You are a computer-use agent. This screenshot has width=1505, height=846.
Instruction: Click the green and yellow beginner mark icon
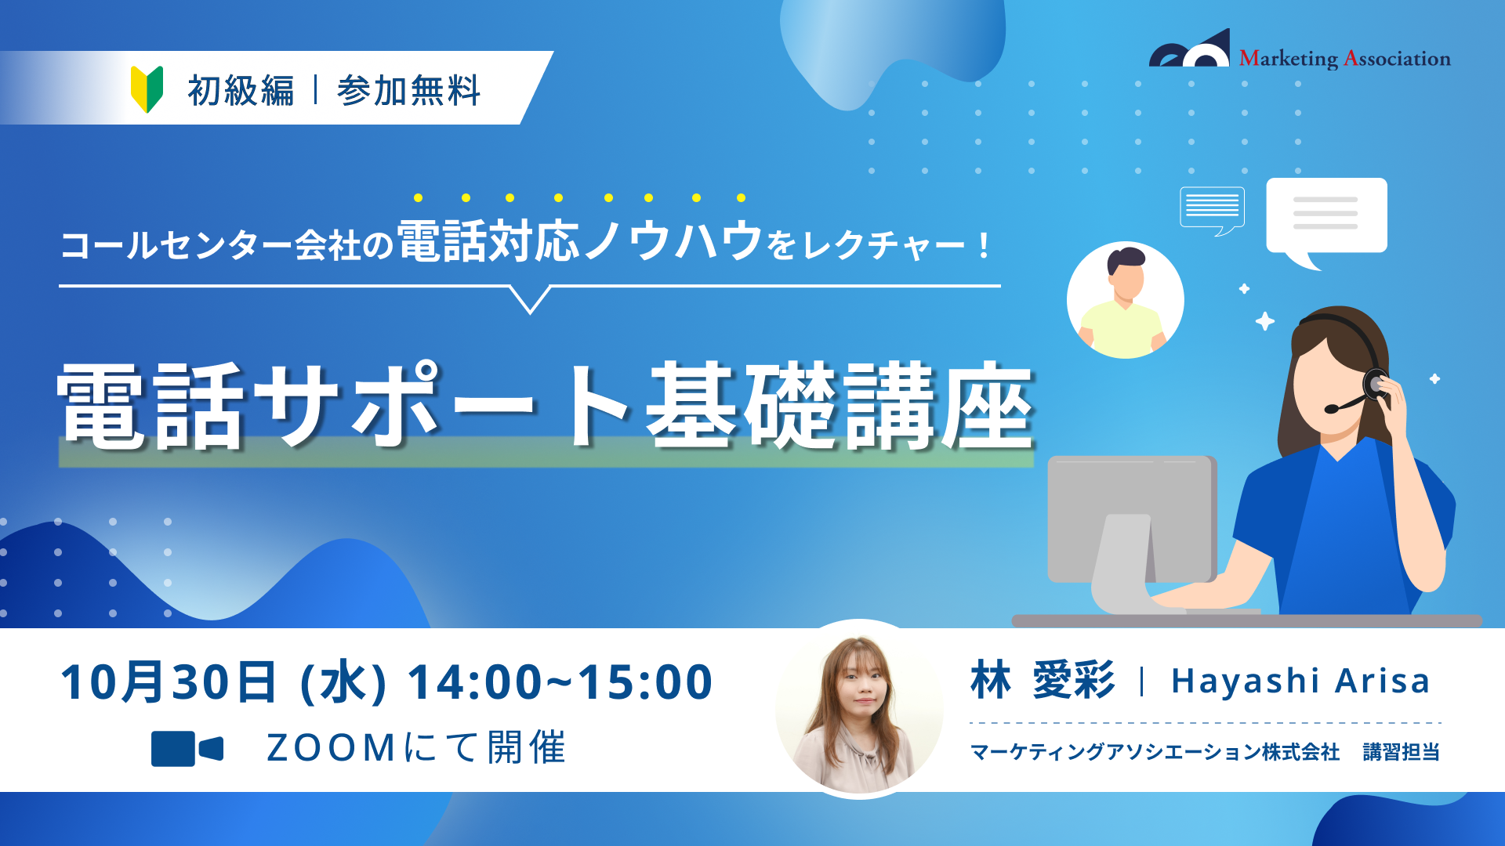point(147,89)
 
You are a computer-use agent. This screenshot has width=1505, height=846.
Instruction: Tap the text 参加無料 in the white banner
point(408,90)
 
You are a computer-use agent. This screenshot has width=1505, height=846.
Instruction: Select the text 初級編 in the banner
point(241,90)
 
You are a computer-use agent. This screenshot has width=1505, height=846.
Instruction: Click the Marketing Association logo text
point(1344,59)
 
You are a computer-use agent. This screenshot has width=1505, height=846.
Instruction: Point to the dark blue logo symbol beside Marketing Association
point(1190,49)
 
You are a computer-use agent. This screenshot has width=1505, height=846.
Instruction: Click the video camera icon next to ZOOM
point(187,748)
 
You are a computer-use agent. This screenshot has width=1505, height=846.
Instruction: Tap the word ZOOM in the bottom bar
point(331,748)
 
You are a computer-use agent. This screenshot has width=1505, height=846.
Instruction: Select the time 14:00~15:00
point(559,681)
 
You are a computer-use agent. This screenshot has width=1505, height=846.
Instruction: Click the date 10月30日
point(169,681)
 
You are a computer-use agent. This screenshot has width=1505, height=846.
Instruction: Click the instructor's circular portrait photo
point(859,710)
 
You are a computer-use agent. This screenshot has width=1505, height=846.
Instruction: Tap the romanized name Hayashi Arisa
point(1300,681)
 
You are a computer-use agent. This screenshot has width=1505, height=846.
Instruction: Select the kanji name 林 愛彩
point(1043,680)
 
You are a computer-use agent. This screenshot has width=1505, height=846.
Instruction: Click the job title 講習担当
point(1402,752)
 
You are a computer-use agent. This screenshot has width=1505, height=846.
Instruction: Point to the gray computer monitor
point(1133,533)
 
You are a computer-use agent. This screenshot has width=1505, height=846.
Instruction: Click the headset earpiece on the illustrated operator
point(1375,384)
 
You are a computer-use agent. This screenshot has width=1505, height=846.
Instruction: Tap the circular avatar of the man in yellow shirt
point(1125,300)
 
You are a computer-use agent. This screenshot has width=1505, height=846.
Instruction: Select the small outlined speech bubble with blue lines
point(1212,209)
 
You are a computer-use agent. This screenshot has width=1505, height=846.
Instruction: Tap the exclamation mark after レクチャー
point(985,246)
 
